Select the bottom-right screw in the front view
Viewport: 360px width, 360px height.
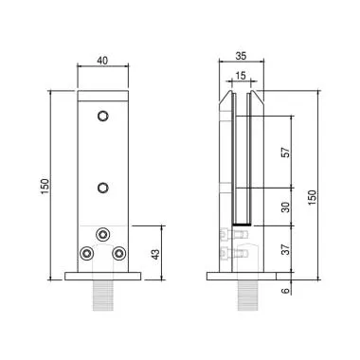coord(119,254)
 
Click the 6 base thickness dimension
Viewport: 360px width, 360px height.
coord(285,290)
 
